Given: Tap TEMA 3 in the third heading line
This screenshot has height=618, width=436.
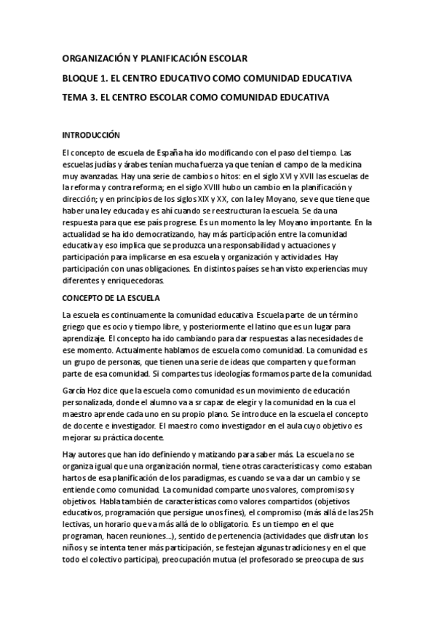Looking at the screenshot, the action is coord(79,96).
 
